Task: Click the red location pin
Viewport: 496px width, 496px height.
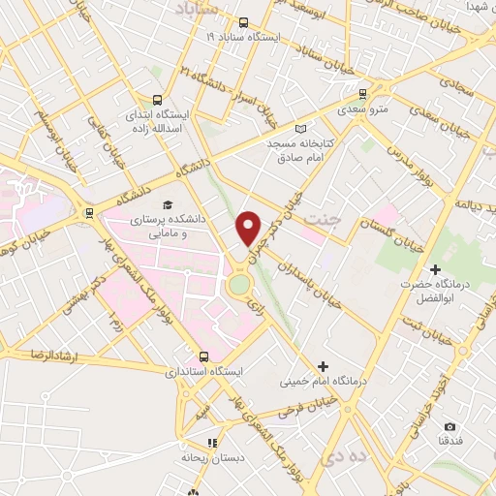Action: pyautogui.click(x=250, y=228)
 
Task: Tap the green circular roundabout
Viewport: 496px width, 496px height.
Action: pyautogui.click(x=238, y=285)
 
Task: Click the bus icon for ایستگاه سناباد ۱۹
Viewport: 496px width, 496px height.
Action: pyautogui.click(x=242, y=21)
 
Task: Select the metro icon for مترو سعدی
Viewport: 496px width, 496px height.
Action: pyautogui.click(x=363, y=94)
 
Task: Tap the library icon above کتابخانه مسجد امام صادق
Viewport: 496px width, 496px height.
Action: pyautogui.click(x=300, y=129)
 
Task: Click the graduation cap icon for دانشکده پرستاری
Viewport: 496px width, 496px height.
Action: pyautogui.click(x=169, y=205)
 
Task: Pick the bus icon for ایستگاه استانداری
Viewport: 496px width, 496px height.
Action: pyautogui.click(x=203, y=356)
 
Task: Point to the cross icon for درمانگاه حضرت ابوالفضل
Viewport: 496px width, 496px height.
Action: pyautogui.click(x=435, y=268)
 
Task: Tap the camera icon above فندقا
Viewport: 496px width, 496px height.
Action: pyautogui.click(x=449, y=426)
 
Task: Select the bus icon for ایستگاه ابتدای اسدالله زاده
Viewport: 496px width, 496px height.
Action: pyautogui.click(x=158, y=99)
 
